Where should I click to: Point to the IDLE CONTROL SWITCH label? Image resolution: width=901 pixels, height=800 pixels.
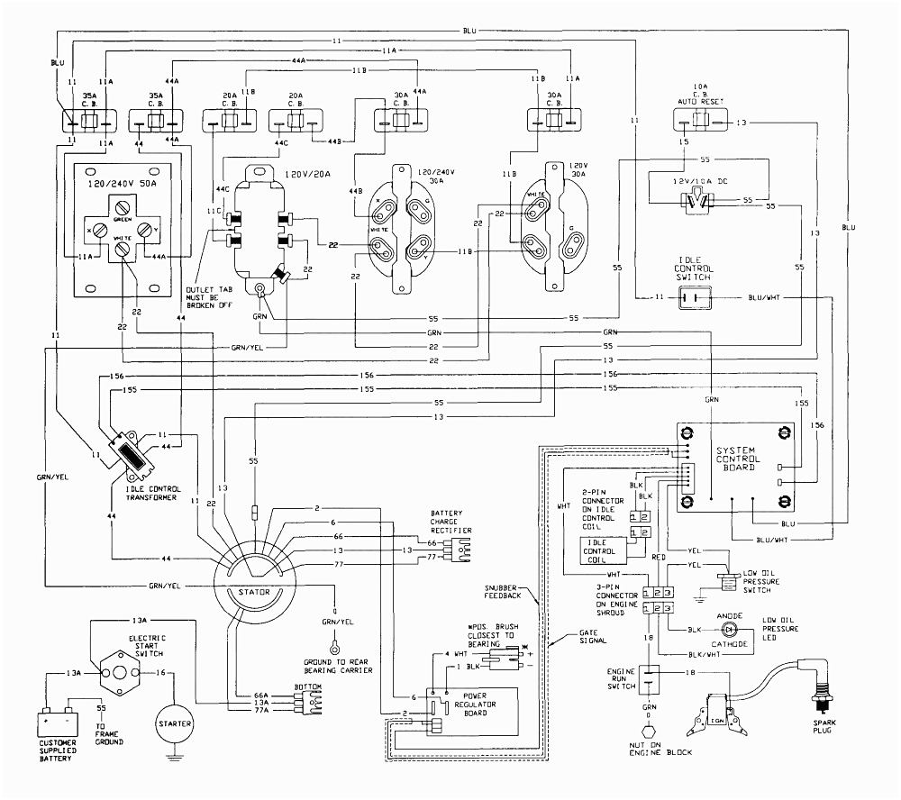694,269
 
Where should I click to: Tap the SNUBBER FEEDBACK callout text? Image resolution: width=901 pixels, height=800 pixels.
502,591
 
